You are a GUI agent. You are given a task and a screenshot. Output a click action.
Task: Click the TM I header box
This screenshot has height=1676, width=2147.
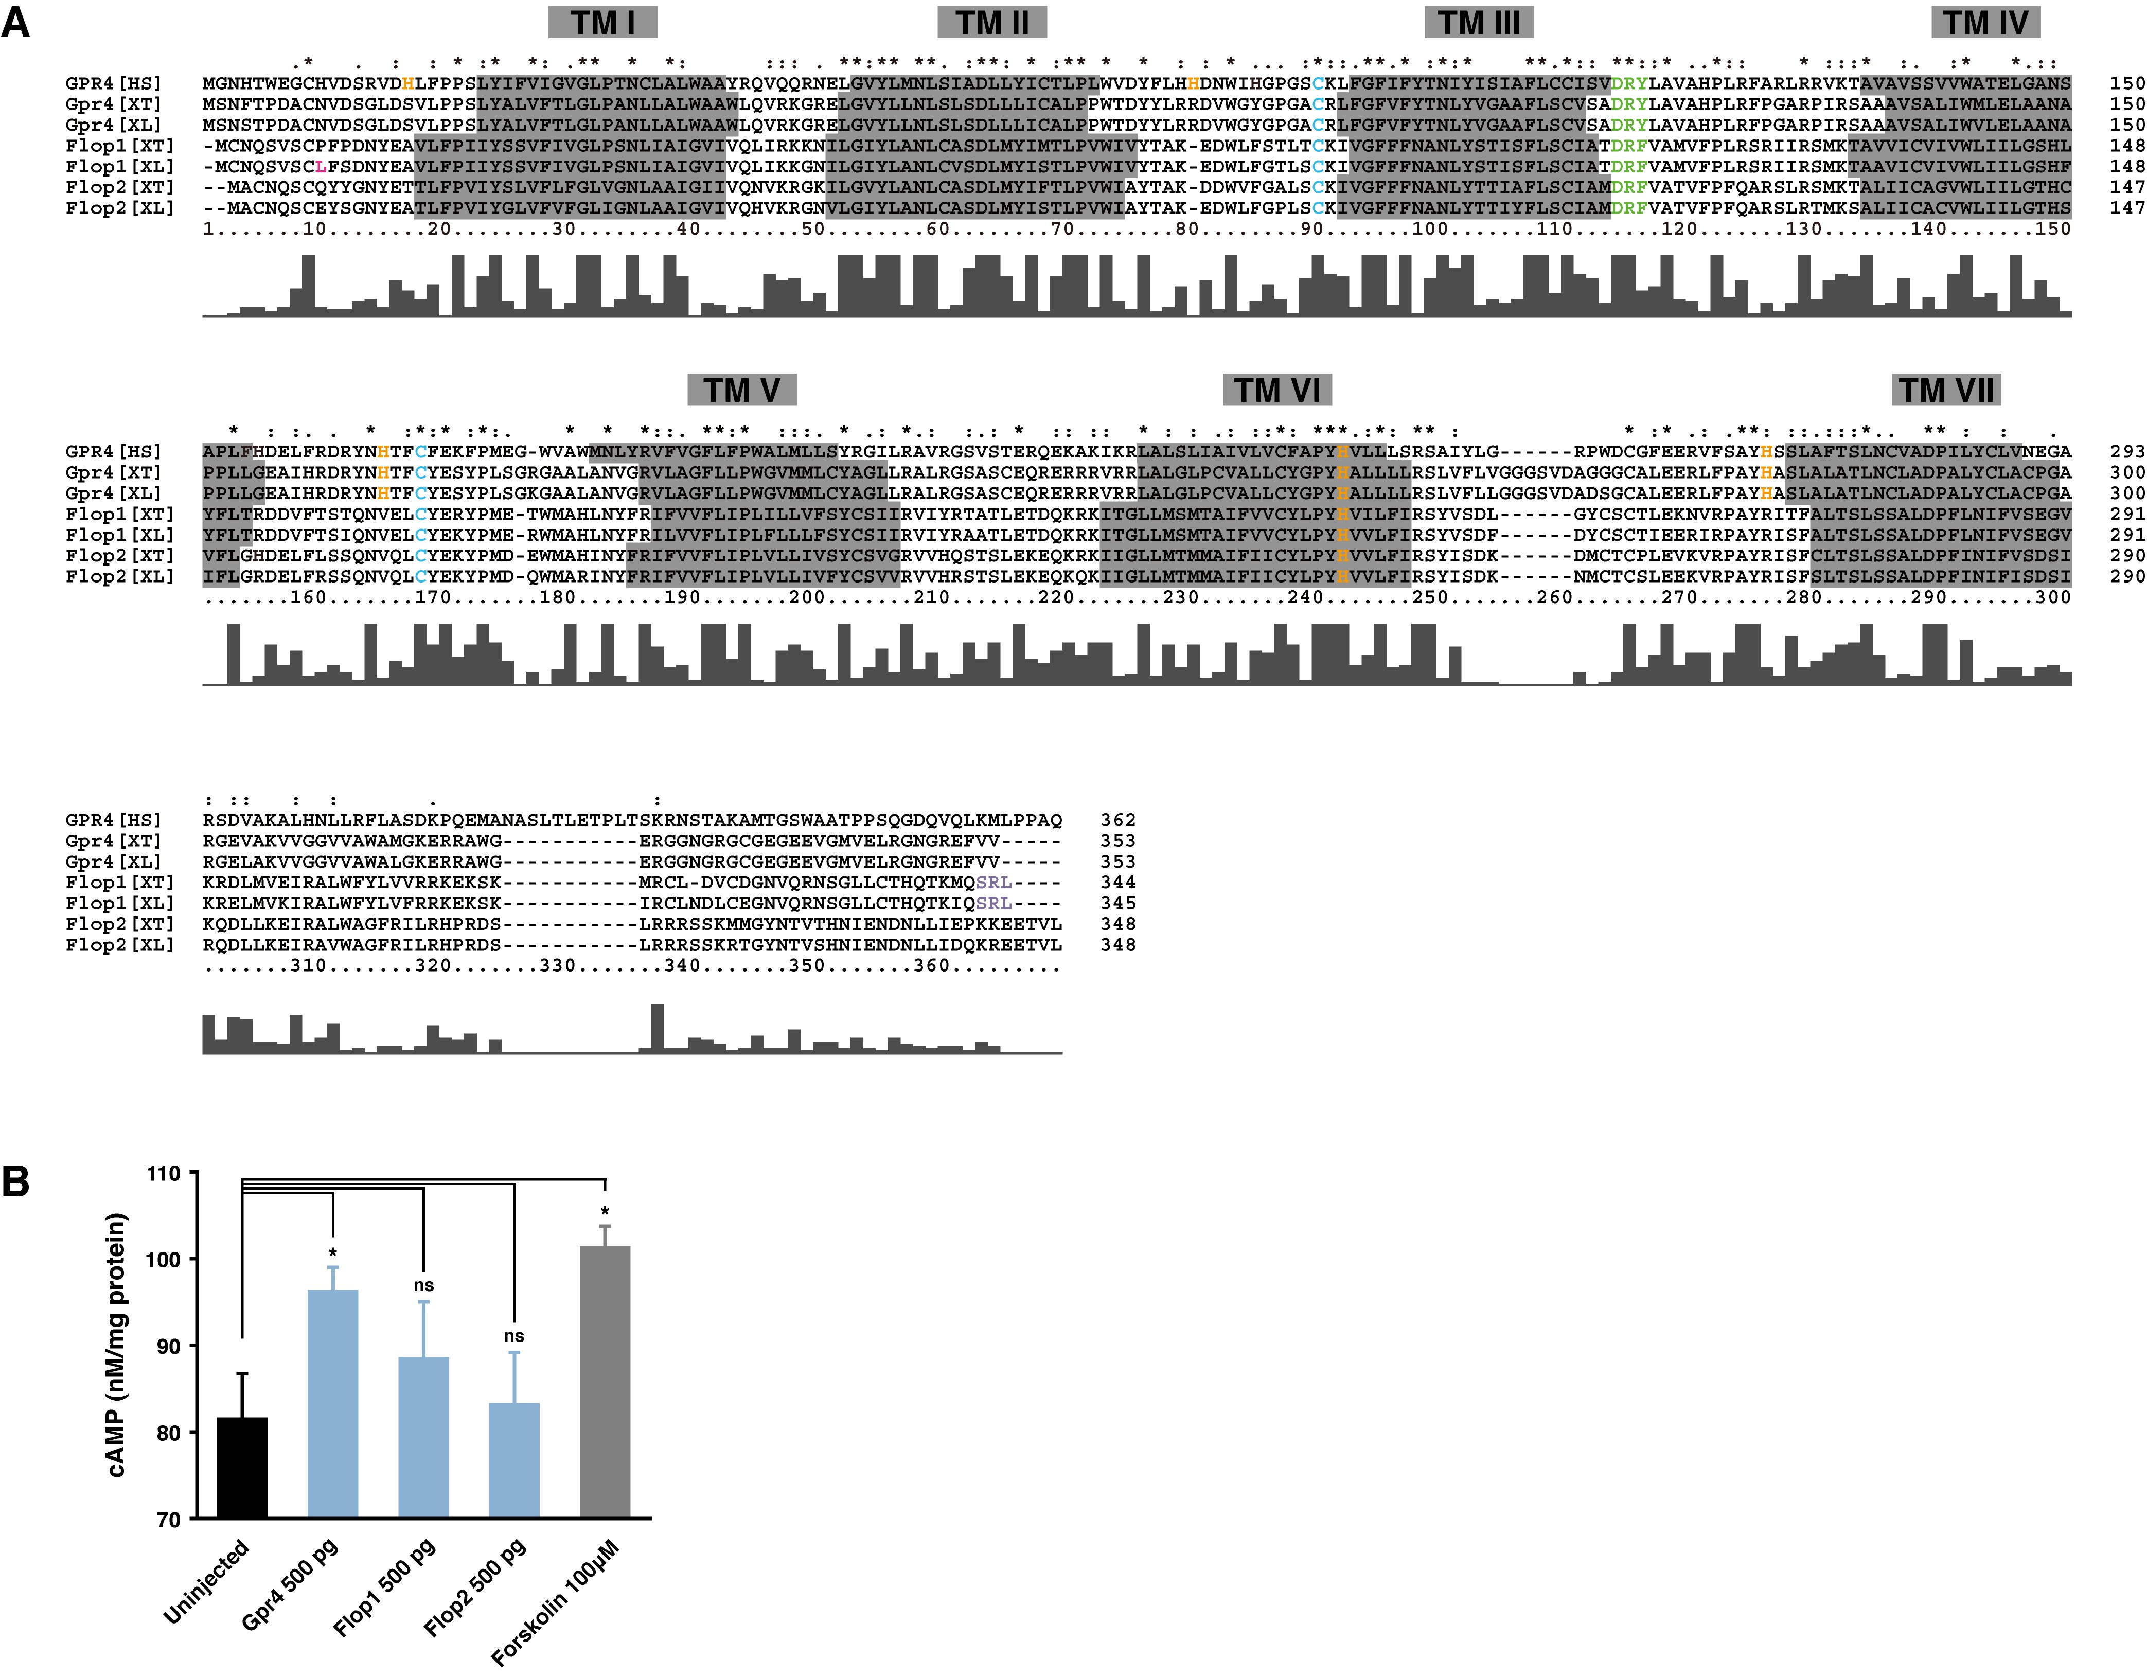(x=602, y=23)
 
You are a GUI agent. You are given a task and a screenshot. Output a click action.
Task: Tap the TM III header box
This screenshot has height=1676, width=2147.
(x=1479, y=23)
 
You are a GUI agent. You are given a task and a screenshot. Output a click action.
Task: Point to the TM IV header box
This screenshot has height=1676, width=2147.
(x=1985, y=23)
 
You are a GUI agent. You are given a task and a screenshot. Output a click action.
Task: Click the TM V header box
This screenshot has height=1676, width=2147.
(x=741, y=390)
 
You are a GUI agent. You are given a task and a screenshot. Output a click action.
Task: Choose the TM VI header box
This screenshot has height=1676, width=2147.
(x=1277, y=390)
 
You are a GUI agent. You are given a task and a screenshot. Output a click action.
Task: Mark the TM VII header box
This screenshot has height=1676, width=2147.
(x=1945, y=390)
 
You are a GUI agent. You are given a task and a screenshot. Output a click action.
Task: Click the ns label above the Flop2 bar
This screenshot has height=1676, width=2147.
(x=514, y=1336)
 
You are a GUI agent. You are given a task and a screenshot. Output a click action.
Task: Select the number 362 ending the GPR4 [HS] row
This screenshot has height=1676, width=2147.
(x=1117, y=820)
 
